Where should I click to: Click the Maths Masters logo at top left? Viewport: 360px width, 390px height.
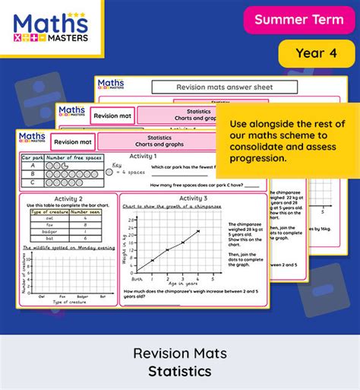[51, 27]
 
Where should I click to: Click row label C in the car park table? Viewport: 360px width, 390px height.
[31, 183]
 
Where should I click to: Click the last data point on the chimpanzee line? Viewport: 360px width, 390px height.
[198, 231]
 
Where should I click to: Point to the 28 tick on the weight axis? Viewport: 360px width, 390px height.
[131, 220]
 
